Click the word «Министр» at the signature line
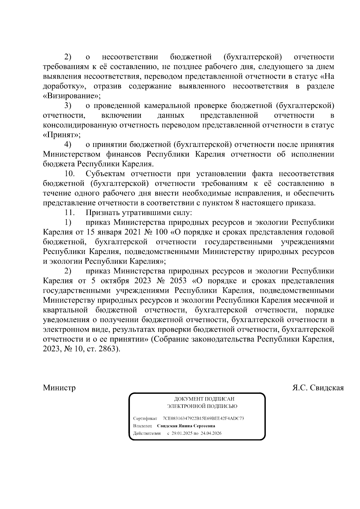click(x=59, y=388)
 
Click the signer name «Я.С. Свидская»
click(x=318, y=388)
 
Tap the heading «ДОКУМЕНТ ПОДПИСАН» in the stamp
click(x=204, y=399)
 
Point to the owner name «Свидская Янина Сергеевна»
click(x=186, y=426)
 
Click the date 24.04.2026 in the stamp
click(x=211, y=433)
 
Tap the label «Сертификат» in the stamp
click(x=145, y=418)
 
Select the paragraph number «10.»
click(x=70, y=174)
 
